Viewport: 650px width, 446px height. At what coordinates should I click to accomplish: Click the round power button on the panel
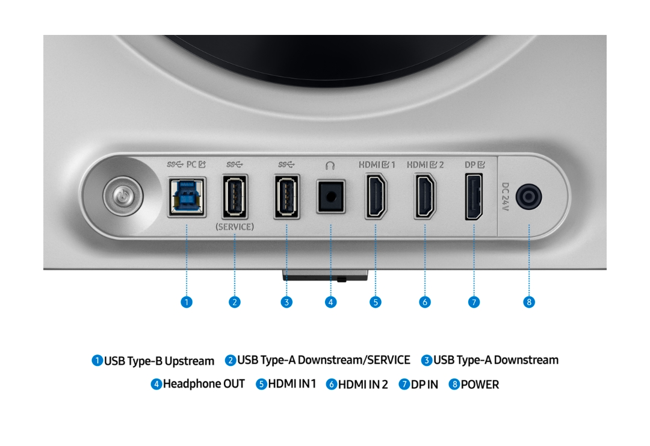pyautogui.click(x=123, y=196)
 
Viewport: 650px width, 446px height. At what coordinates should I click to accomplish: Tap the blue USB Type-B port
pyautogui.click(x=187, y=197)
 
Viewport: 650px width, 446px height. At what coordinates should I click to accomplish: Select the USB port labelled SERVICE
pyautogui.click(x=235, y=196)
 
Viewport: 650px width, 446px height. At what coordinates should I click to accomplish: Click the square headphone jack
pyautogui.click(x=331, y=196)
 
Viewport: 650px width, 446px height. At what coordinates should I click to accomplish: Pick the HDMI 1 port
pyautogui.click(x=376, y=196)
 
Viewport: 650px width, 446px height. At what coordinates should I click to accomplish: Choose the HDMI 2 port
pyautogui.click(x=425, y=196)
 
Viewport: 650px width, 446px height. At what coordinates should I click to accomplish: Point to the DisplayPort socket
pyautogui.click(x=474, y=197)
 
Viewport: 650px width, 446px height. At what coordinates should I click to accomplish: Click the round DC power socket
pyautogui.click(x=528, y=196)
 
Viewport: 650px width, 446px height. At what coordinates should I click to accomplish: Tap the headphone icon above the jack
pyautogui.click(x=330, y=166)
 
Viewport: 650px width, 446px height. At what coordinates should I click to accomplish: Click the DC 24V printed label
pyautogui.click(x=506, y=196)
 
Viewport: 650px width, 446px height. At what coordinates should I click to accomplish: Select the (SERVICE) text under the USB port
pyautogui.click(x=235, y=227)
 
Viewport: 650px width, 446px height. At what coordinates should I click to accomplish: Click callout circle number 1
pyautogui.click(x=187, y=302)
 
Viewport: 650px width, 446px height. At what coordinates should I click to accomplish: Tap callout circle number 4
pyautogui.click(x=330, y=302)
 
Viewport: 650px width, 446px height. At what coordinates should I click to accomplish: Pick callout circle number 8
pyautogui.click(x=528, y=302)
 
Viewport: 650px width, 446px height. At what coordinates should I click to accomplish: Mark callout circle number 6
pyautogui.click(x=424, y=302)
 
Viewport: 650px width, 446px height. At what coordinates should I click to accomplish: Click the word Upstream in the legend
pyautogui.click(x=190, y=361)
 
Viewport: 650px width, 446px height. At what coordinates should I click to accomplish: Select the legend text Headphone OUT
pyautogui.click(x=203, y=384)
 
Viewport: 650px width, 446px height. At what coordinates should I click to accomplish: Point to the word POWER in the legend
pyautogui.click(x=480, y=385)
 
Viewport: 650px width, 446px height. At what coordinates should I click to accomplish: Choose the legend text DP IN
pyautogui.click(x=424, y=385)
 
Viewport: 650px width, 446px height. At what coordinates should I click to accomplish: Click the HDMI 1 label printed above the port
pyautogui.click(x=377, y=164)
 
